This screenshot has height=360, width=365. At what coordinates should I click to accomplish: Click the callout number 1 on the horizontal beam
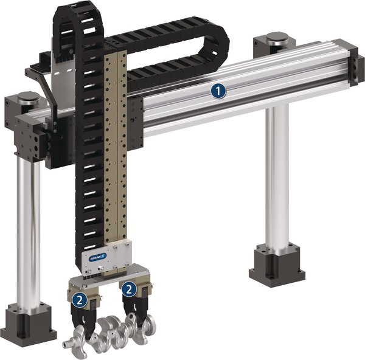[218, 91]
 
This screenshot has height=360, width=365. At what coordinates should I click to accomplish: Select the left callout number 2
[80, 299]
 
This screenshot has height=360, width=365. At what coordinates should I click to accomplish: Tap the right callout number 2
[129, 289]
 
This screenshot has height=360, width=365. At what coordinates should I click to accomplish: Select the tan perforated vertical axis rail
[116, 152]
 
